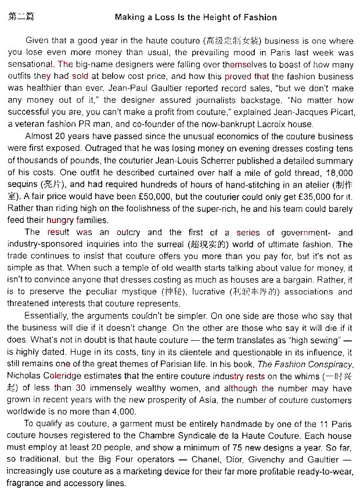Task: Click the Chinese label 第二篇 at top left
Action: pyautogui.click(x=21, y=17)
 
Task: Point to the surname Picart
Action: pyautogui.click(x=337, y=112)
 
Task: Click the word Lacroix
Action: pyautogui.click(x=254, y=124)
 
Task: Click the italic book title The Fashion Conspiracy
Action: pyautogui.click(x=305, y=364)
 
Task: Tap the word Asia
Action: pyautogui.click(x=240, y=401)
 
